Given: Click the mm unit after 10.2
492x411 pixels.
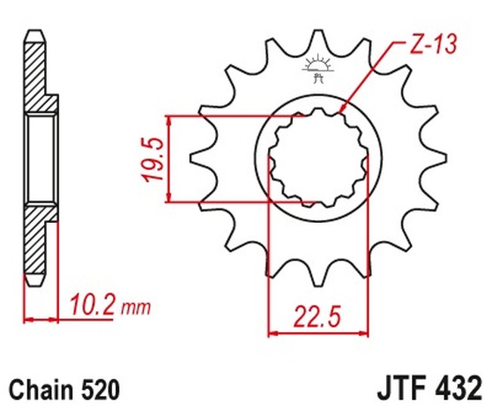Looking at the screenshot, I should pos(135,309).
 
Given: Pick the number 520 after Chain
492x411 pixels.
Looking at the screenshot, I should pos(99,390).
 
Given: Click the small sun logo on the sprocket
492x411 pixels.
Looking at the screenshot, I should pos(317,67).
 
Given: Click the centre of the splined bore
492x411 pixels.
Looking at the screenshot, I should pos(317,159).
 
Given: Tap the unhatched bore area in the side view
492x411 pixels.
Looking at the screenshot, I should pos(41,158).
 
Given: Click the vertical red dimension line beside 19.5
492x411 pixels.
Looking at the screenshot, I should pos(169,159).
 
